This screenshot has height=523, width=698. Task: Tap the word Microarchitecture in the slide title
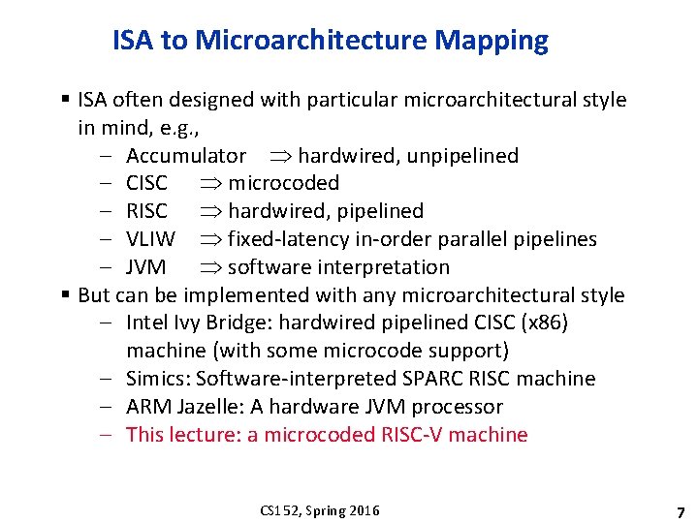point(313,41)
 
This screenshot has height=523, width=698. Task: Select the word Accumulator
point(185,156)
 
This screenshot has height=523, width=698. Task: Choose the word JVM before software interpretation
point(145,267)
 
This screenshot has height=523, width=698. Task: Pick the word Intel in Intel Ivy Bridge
point(147,323)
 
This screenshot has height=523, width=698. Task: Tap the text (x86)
point(543,323)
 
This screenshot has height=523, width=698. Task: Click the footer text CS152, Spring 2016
point(320,510)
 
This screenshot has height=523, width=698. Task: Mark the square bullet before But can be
point(64,294)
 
